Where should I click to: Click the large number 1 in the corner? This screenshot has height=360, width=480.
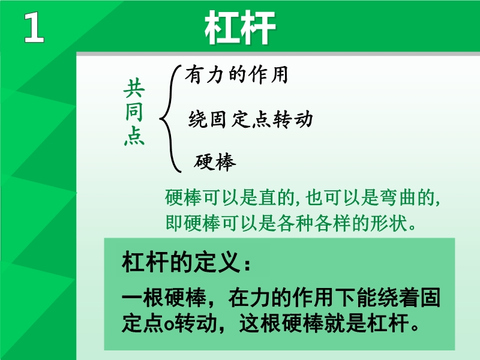34,28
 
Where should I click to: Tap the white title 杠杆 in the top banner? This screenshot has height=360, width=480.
241,28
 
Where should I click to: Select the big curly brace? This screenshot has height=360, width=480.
170,119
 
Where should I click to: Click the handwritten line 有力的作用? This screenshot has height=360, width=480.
236,74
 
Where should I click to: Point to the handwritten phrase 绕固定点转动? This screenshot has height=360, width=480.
250,119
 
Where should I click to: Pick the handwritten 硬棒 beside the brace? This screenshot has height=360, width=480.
215,161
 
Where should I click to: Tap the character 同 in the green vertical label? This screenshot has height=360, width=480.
134,112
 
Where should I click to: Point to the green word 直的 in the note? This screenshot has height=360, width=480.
277,197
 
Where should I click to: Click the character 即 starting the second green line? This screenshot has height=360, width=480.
174,223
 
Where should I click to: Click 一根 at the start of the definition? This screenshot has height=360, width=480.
143,298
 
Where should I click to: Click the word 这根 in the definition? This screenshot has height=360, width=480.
260,323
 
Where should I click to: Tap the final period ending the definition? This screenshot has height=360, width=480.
415,328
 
